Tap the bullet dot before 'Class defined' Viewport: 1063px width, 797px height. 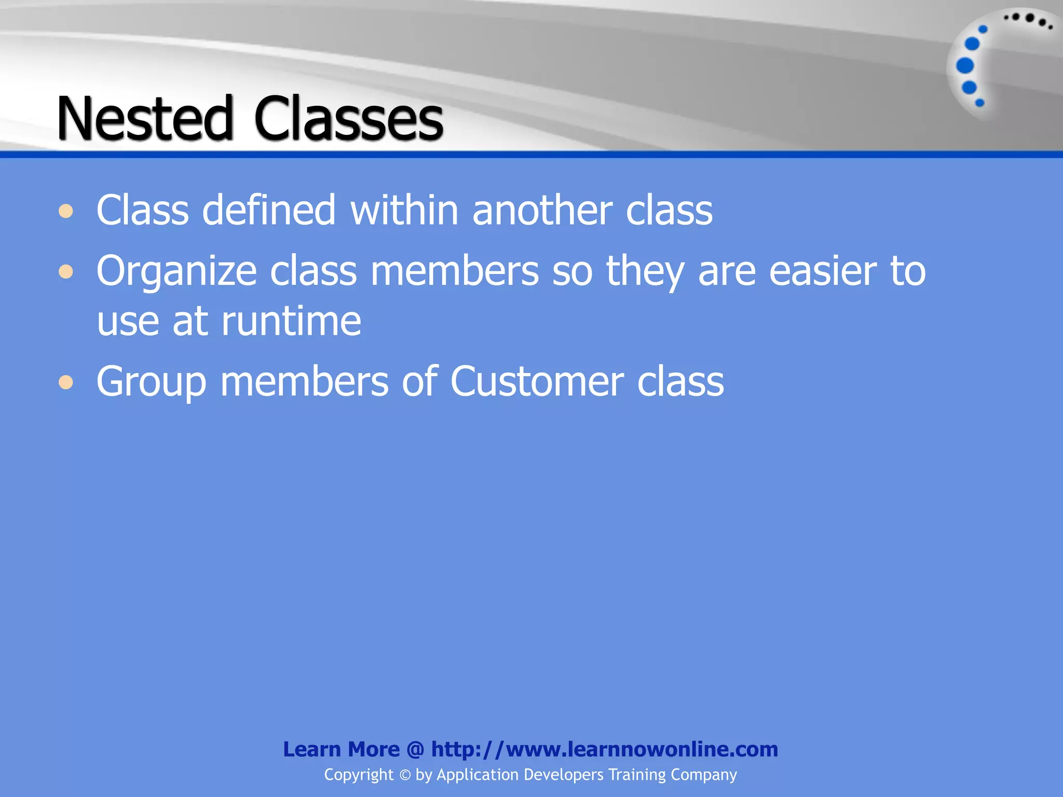pyautogui.click(x=66, y=211)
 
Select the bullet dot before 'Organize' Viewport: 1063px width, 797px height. pyautogui.click(x=66, y=271)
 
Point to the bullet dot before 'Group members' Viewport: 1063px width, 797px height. pyautogui.click(x=66, y=382)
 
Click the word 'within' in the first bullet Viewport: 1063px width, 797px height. pyautogui.click(x=404, y=210)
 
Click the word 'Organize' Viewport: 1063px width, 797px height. pyautogui.click(x=176, y=271)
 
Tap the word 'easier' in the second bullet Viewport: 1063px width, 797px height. pyautogui.click(x=823, y=271)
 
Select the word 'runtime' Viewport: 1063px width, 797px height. pyautogui.click(x=291, y=321)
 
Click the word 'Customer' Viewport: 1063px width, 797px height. pyautogui.click(x=537, y=381)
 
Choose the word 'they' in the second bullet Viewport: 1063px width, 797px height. pyautogui.click(x=645, y=271)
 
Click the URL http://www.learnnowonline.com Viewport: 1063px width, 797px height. pyautogui.click(x=605, y=749)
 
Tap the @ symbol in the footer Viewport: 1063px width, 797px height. pyautogui.click(x=415, y=750)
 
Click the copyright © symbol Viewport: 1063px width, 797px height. pyautogui.click(x=405, y=775)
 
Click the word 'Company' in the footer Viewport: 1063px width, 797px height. pyautogui.click(x=703, y=775)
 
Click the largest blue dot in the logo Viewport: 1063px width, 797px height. pyautogui.click(x=965, y=66)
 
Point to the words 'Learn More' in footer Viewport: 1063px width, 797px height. pyautogui.click(x=341, y=749)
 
